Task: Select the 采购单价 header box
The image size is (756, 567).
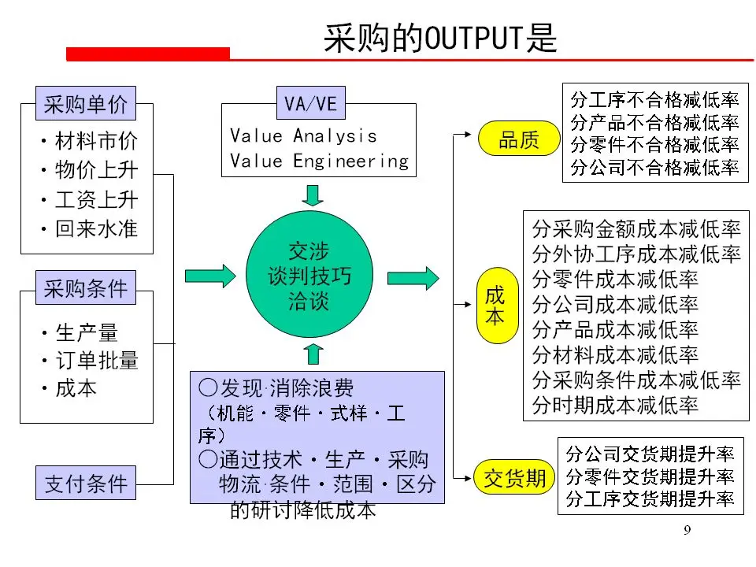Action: (x=86, y=104)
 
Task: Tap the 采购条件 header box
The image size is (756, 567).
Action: (x=86, y=288)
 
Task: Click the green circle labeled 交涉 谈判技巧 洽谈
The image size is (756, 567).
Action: (x=309, y=276)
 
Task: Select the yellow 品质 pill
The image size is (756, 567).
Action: (x=519, y=141)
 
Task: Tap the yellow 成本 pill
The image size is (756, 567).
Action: (x=495, y=306)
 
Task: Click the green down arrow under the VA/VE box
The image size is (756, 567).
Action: (x=313, y=195)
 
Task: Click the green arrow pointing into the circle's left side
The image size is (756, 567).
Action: (x=209, y=276)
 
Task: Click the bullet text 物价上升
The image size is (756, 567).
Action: (x=95, y=170)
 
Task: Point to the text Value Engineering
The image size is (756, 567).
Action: (x=320, y=161)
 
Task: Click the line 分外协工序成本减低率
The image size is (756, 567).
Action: (x=636, y=255)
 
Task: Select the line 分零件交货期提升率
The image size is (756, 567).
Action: (x=650, y=476)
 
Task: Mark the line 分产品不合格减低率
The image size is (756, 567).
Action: (x=654, y=122)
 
